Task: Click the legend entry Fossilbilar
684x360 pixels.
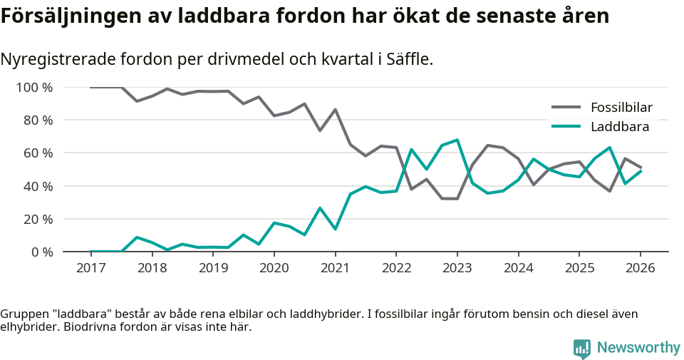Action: tap(621, 108)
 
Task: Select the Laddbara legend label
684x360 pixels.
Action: tap(619, 127)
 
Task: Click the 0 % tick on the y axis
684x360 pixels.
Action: tap(42, 252)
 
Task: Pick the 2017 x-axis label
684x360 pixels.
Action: tap(90, 268)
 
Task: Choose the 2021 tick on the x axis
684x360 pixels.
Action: tap(335, 268)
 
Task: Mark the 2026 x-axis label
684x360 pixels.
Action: tap(640, 268)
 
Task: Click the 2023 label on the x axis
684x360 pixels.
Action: tap(457, 268)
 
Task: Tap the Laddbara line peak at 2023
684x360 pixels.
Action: tap(457, 140)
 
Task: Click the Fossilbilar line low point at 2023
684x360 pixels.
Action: tap(457, 199)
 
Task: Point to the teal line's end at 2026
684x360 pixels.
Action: tap(641, 171)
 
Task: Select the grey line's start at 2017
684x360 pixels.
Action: tap(91, 88)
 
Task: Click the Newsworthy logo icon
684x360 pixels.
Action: tap(582, 348)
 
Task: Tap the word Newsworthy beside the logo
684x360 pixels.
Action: tap(638, 348)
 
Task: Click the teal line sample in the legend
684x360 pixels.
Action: tap(567, 127)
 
